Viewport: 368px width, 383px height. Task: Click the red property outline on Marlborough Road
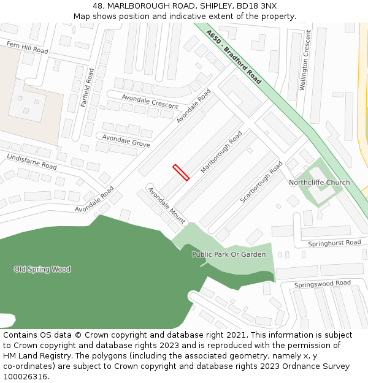tap(181, 172)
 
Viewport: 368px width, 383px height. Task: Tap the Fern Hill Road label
tap(27, 47)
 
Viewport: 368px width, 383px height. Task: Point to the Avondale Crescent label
tap(150, 102)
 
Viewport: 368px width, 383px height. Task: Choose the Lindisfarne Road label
tap(31, 162)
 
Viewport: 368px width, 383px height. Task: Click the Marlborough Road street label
tap(221, 151)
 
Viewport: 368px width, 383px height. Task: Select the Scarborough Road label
tap(262, 182)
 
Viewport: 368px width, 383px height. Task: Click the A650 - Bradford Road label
tap(234, 57)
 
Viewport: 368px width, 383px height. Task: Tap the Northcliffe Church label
tap(319, 183)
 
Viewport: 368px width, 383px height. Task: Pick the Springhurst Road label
tap(334, 243)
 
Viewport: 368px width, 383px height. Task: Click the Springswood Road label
tap(322, 284)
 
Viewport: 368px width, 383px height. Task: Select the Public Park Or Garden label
tap(229, 254)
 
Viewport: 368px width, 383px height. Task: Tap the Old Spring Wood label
tap(42, 270)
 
